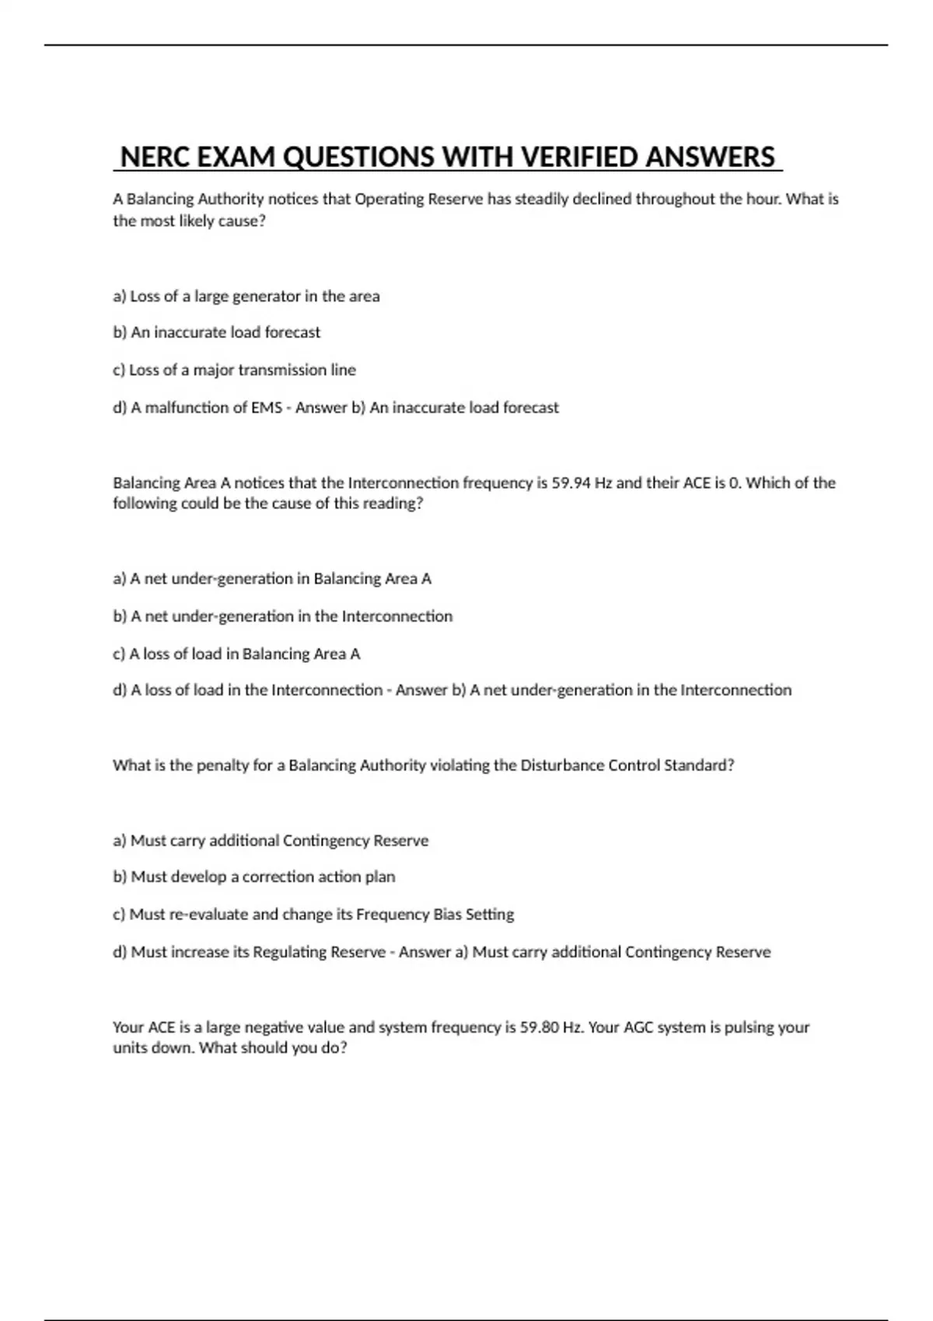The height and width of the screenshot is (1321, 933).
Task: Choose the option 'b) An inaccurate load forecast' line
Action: click(217, 333)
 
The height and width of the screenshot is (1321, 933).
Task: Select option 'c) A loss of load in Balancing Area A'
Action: click(236, 654)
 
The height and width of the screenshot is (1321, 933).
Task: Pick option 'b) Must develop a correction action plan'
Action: click(254, 877)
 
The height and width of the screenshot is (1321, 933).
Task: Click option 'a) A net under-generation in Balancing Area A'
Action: click(272, 578)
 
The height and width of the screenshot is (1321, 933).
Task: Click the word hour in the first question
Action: click(763, 199)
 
